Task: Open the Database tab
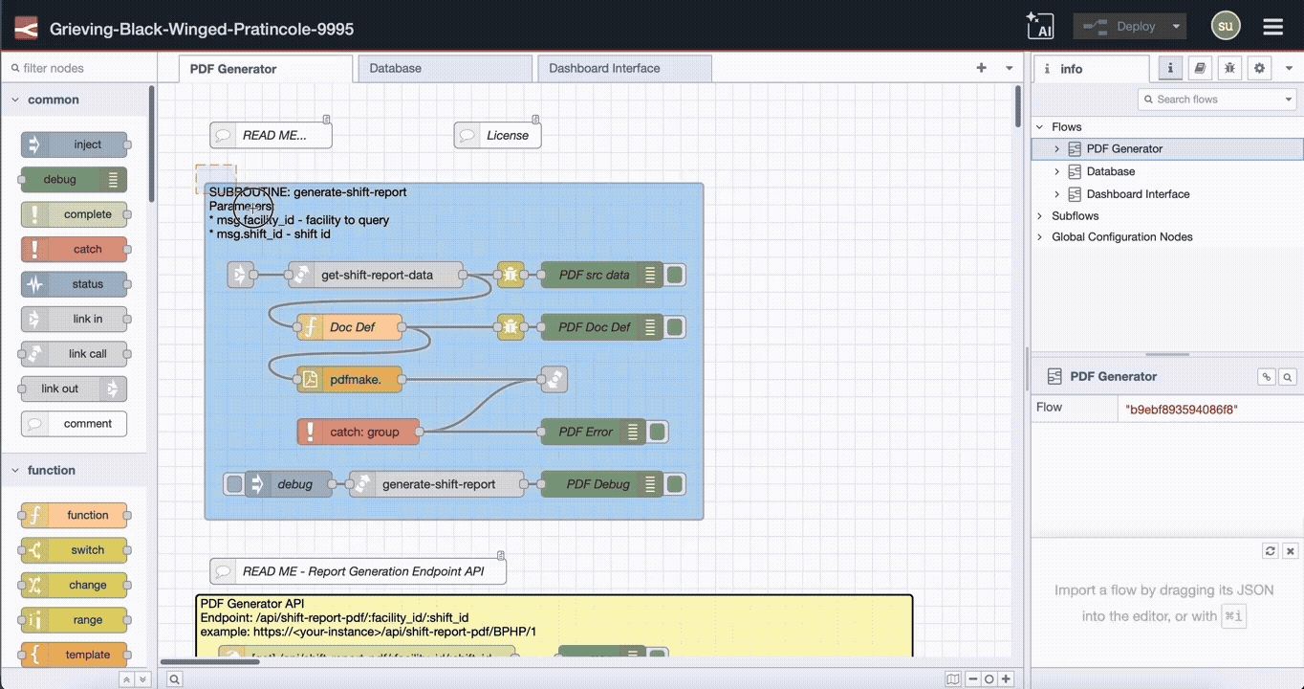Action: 396,69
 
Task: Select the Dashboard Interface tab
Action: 604,69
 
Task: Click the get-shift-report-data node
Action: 376,276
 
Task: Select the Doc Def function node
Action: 351,327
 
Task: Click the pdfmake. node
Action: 354,380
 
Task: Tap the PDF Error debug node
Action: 585,432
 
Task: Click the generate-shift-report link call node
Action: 438,484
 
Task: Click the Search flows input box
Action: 1214,100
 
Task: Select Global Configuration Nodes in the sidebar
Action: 1121,237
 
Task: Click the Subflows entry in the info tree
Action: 1075,216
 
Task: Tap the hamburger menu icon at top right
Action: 1272,27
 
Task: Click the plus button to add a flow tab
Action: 981,68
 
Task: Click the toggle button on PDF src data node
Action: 675,276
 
